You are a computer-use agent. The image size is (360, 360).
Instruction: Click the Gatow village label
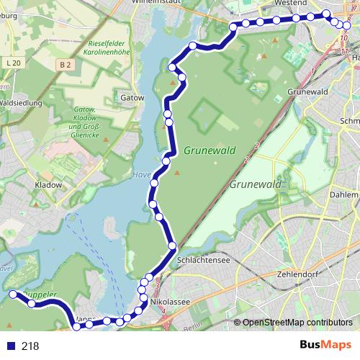coord(133,96)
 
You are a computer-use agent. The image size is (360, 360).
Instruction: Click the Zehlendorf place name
coord(297,275)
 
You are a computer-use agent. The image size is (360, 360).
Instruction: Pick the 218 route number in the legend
coord(30,346)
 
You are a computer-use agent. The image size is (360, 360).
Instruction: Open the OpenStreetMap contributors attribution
coord(297,323)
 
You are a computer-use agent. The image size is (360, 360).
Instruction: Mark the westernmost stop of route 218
coord(12,294)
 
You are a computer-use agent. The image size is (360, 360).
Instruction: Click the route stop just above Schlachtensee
coord(172,246)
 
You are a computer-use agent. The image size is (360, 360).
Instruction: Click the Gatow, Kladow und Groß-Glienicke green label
coord(84,119)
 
